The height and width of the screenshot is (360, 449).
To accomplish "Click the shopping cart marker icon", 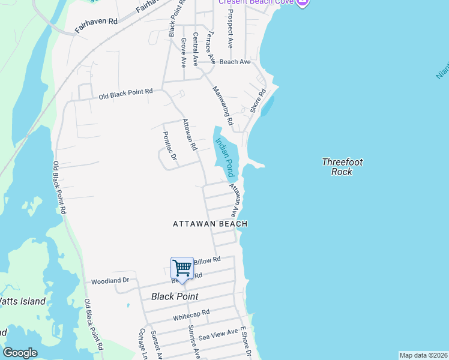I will point(182,268).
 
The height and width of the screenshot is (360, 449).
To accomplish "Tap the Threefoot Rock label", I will point(342,167).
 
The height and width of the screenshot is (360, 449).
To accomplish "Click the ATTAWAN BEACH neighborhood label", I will point(210,224).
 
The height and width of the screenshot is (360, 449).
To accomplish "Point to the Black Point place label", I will point(175,296).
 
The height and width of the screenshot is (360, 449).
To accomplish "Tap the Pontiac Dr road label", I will point(170,146).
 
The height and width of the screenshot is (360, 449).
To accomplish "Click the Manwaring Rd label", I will point(223,105).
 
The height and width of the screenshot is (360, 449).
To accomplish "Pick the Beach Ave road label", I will point(235,62).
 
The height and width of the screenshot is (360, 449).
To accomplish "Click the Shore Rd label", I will point(258,101).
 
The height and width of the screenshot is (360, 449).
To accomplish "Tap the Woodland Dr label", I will point(110,281).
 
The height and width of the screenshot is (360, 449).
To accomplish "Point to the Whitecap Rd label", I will point(191,314).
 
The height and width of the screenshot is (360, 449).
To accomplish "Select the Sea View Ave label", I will point(218,334).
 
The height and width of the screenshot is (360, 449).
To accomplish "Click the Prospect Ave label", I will point(231,31).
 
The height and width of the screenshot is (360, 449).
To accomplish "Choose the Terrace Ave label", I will point(210,44).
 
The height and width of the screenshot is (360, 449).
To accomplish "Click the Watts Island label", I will point(22,301).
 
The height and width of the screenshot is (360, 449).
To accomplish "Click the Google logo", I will point(20,353).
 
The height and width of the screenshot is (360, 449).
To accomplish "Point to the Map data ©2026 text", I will point(423,355).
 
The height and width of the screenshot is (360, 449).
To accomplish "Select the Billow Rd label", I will point(207,260).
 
